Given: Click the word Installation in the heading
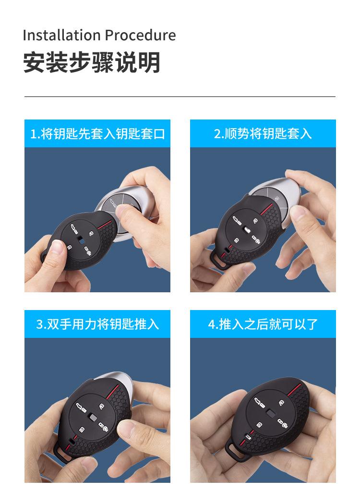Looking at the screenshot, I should coord(62,35).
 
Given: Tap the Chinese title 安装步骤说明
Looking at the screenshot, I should coord(92,63).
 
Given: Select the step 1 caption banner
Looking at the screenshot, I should coord(97,133).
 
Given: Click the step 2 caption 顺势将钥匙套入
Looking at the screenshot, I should coord(263,133).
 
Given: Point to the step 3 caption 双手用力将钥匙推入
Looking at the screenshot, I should coord(97,324).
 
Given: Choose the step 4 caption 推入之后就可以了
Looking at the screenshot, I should coord(263,324).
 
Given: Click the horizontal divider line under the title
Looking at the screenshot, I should coord(180,97).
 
